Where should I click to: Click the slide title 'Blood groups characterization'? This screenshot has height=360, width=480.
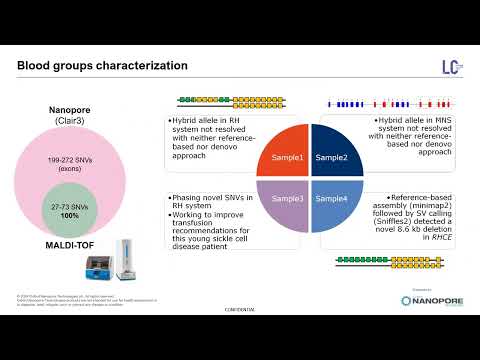point(102,66)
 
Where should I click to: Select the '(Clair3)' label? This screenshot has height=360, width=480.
point(71,120)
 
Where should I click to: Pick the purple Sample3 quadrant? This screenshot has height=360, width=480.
point(285,198)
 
